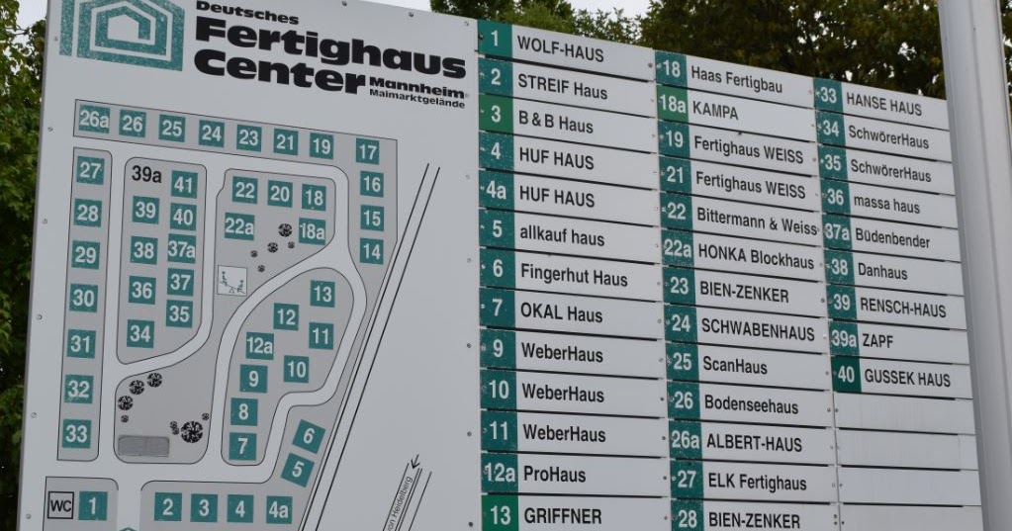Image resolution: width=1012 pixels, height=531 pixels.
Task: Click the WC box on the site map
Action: tap(61, 506)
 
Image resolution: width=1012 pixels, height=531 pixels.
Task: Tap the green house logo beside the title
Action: tap(122, 29)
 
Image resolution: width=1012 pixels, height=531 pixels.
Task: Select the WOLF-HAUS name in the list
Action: tap(560, 52)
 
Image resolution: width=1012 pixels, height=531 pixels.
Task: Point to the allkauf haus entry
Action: tap(561, 236)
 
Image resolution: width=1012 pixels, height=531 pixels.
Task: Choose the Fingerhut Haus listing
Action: tap(574, 274)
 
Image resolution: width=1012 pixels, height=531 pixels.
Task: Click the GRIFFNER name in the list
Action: tap(562, 516)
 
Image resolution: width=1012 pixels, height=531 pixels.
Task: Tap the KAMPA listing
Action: tap(715, 112)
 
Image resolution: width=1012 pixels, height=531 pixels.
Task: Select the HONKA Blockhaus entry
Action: tap(755, 254)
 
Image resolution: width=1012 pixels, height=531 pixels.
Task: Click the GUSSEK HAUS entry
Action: tap(906, 378)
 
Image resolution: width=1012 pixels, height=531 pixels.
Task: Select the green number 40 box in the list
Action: tap(845, 375)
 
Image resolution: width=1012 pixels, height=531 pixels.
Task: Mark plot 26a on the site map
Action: tap(94, 120)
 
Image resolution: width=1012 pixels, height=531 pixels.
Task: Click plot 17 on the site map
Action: tap(367, 151)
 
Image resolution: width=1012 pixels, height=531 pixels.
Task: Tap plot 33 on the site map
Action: tap(76, 432)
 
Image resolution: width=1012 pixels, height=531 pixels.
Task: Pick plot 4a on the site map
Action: tap(279, 509)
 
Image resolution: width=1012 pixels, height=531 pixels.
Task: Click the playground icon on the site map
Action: tap(232, 281)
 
